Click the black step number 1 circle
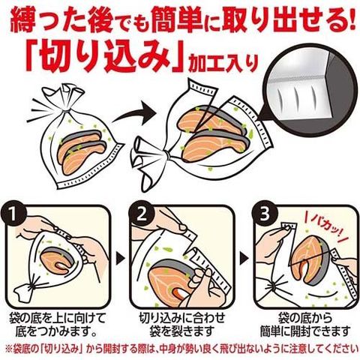tap(13, 214)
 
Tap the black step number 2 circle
tap(142, 214)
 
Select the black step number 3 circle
tap(265, 214)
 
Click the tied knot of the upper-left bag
tap(67, 109)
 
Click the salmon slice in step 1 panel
tap(58, 260)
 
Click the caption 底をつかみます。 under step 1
tap(56, 331)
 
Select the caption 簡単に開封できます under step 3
tap(304, 331)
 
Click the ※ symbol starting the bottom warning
tap(8, 349)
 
